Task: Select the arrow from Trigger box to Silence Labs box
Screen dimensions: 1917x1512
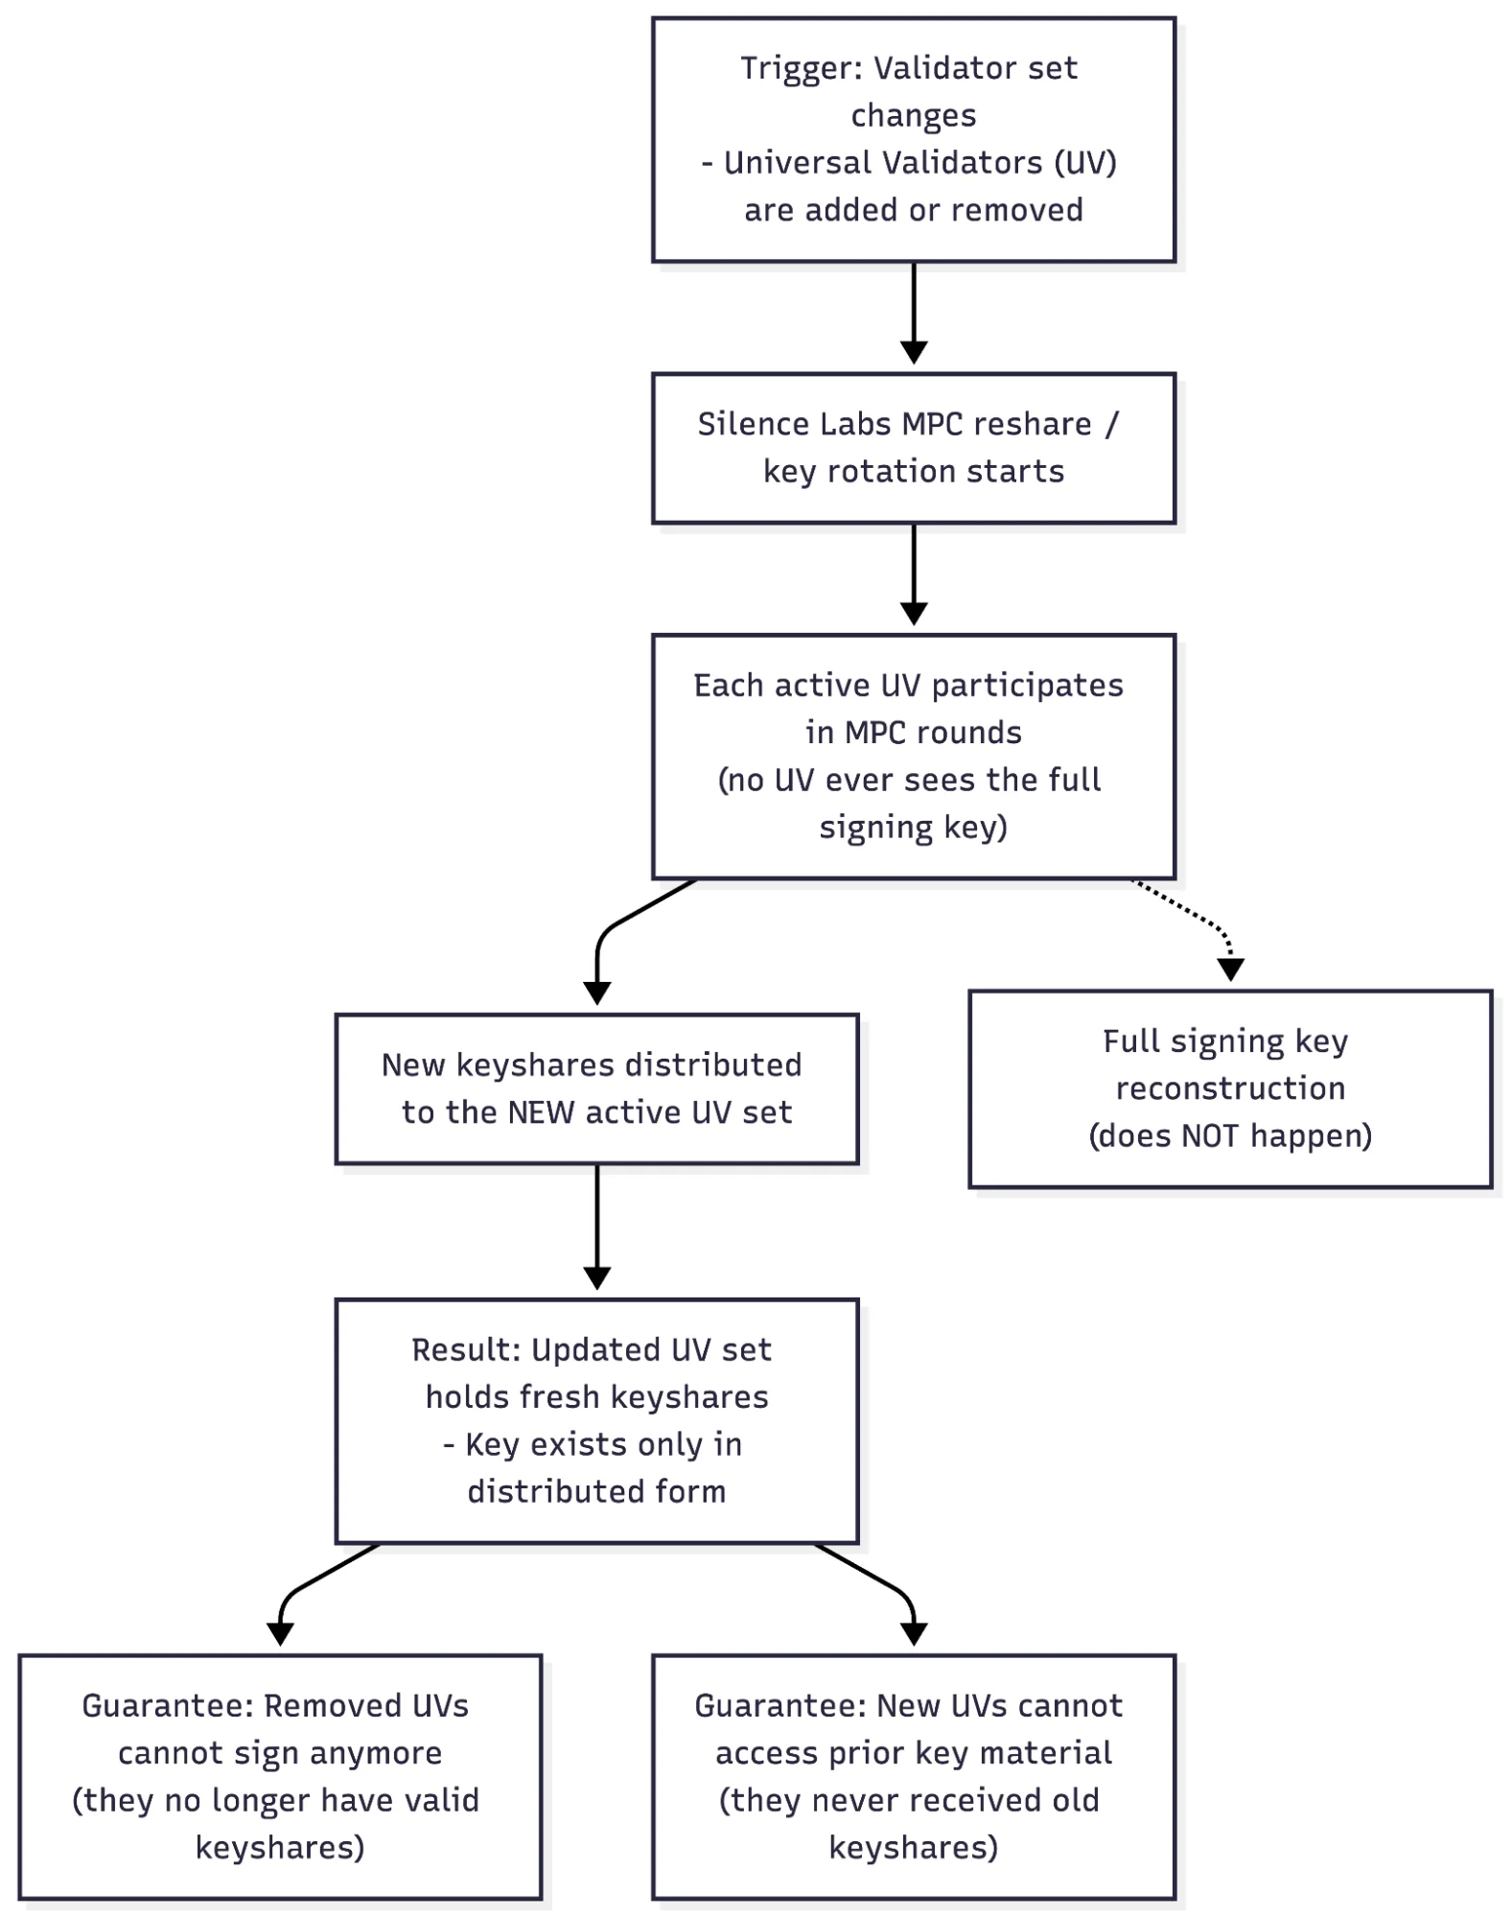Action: tap(914, 312)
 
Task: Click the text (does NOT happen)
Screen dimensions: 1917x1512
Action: tap(1230, 1136)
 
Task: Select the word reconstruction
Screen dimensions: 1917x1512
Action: tap(1230, 1089)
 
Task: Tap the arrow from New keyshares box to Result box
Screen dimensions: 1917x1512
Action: tap(597, 1226)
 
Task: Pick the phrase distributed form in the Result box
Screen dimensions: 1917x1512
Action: tap(596, 1492)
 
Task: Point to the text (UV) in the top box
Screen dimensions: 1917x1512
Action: tap(1085, 163)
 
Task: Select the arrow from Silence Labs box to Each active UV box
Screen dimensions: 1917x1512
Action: tap(914, 573)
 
